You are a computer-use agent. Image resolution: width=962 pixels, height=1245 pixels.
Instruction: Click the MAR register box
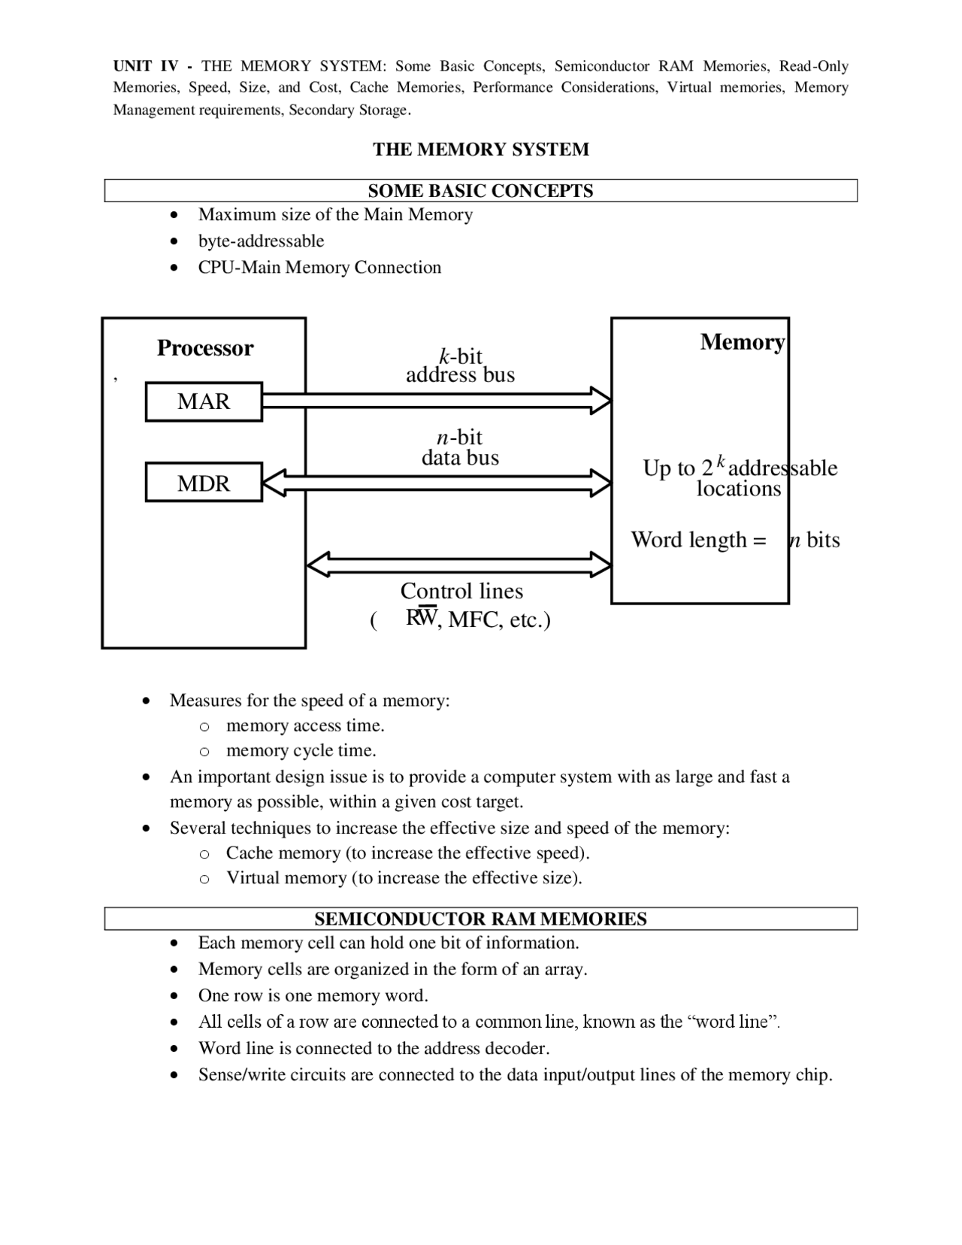pos(204,401)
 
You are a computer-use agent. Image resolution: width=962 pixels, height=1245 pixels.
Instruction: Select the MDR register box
pos(204,483)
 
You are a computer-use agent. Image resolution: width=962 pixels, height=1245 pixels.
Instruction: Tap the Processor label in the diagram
pos(204,348)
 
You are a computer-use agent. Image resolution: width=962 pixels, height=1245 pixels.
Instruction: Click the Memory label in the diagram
pos(742,342)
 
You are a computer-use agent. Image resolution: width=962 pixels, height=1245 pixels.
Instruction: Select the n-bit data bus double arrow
pos(436,483)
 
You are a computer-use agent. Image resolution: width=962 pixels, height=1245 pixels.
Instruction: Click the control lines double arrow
pos(458,564)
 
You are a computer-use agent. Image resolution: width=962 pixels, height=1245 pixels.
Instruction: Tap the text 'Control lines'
pos(461,591)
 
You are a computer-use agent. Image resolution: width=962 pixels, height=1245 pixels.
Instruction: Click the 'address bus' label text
pos(460,374)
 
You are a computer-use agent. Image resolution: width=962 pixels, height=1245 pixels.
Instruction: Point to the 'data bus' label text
pos(460,457)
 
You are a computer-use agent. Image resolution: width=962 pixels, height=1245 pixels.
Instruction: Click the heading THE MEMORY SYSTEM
pos(480,150)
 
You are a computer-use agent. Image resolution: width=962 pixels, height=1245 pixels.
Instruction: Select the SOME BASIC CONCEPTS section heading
pos(480,191)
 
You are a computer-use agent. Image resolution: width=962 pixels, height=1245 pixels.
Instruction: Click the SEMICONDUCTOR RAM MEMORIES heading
pos(480,919)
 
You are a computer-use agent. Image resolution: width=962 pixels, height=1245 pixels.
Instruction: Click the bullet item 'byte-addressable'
pos(261,241)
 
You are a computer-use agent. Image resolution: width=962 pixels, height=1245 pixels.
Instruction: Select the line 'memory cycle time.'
pos(301,750)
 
